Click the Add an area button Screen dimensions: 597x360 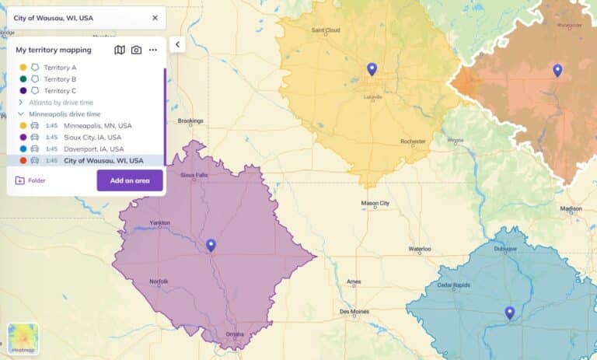point(130,180)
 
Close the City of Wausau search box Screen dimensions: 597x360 point(155,18)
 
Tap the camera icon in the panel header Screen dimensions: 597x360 point(136,50)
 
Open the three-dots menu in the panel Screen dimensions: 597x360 point(153,50)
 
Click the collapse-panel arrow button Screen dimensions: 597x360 point(177,44)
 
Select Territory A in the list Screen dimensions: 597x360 point(60,68)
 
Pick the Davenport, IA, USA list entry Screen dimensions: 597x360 point(93,149)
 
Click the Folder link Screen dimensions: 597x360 point(30,180)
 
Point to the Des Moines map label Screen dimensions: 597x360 point(354,312)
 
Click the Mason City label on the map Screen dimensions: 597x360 point(375,204)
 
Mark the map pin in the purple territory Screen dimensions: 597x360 point(211,246)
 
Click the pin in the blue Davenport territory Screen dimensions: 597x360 point(510,313)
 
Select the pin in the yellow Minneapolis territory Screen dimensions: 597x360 point(372,69)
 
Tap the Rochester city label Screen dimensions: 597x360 point(413,142)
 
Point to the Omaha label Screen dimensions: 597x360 point(234,335)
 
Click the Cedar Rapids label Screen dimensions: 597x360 point(454,285)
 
